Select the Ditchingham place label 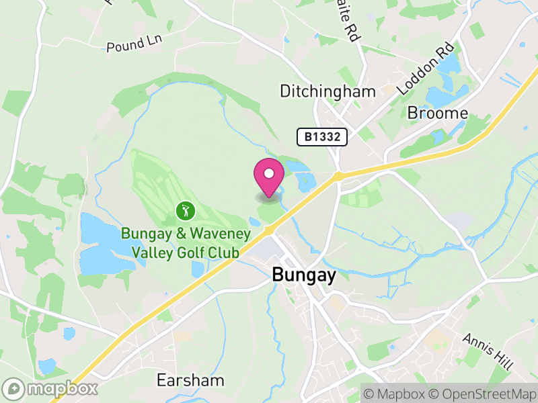pos(317,91)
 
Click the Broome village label pos(437,113)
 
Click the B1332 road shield pos(323,137)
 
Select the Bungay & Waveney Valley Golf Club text pos(186,243)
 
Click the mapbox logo pos(50,388)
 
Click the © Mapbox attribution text pos(395,392)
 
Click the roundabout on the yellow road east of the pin pos(338,176)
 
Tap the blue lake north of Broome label pos(444,94)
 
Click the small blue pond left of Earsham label pos(46,366)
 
